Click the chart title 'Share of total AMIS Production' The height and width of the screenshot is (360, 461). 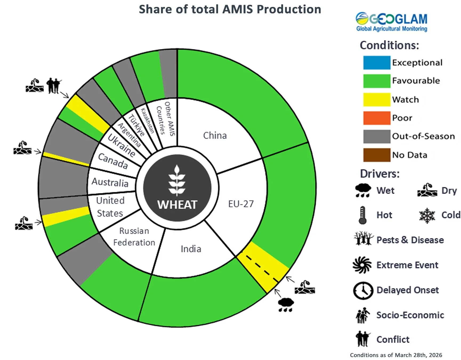230,9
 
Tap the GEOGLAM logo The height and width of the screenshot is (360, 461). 391,22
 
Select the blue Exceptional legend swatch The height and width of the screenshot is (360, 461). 377,63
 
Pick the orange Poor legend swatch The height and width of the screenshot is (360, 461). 377,118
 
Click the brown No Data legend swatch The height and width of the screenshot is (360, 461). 377,155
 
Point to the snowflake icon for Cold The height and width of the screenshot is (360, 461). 427,215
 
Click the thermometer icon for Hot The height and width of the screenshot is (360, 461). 362,215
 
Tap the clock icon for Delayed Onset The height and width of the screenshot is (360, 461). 363,290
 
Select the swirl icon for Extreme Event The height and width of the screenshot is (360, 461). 362,265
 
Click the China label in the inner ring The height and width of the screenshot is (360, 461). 215,135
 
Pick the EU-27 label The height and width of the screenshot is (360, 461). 241,204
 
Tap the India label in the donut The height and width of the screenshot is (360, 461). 191,249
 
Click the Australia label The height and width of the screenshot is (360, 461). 110,182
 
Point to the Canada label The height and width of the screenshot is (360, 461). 113,161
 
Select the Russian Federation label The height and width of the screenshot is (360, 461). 134,237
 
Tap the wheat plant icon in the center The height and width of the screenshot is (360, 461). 177,180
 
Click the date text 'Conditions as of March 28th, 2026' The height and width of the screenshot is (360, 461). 396,355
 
